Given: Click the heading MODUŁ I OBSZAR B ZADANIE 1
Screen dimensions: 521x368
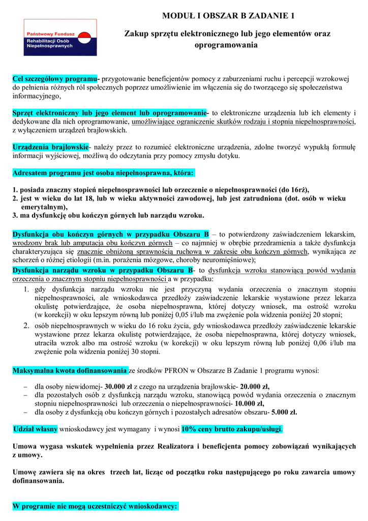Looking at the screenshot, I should pyautogui.click(x=227, y=16).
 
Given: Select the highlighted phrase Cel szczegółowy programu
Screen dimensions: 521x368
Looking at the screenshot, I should pyautogui.click(x=55, y=79).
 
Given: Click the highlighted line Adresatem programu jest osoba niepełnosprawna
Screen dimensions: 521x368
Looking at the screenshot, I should pyautogui.click(x=103, y=173).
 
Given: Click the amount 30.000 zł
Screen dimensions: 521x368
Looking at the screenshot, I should pyautogui.click(x=122, y=386).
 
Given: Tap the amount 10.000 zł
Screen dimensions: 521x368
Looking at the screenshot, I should pyautogui.click(x=247, y=403).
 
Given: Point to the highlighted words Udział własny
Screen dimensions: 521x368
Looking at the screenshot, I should pyautogui.click(x=36, y=429).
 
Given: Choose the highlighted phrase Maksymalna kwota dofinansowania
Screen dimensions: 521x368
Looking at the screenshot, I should pyautogui.click(x=70, y=370).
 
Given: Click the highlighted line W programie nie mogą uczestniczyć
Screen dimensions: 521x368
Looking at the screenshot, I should pyautogui.click(x=95, y=507).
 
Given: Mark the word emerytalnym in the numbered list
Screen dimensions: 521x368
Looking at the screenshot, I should pyautogui.click(x=44, y=207).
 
